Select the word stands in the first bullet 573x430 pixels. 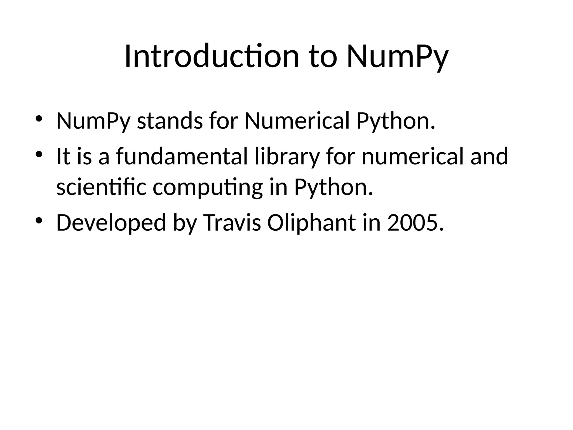pyautogui.click(x=170, y=121)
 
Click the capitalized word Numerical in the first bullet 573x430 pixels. pyautogui.click(x=297, y=121)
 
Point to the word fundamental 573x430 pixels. pyautogui.click(x=182, y=156)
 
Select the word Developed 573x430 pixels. pyautogui.click(x=111, y=223)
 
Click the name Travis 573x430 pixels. pyautogui.click(x=233, y=223)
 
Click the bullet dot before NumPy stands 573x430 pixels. pyautogui.click(x=39, y=119)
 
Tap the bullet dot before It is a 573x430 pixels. pyautogui.click(x=39, y=154)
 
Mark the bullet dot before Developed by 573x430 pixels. pyautogui.click(x=39, y=220)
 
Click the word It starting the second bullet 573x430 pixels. pyautogui.click(x=63, y=156)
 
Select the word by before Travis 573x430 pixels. pyautogui.click(x=184, y=223)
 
